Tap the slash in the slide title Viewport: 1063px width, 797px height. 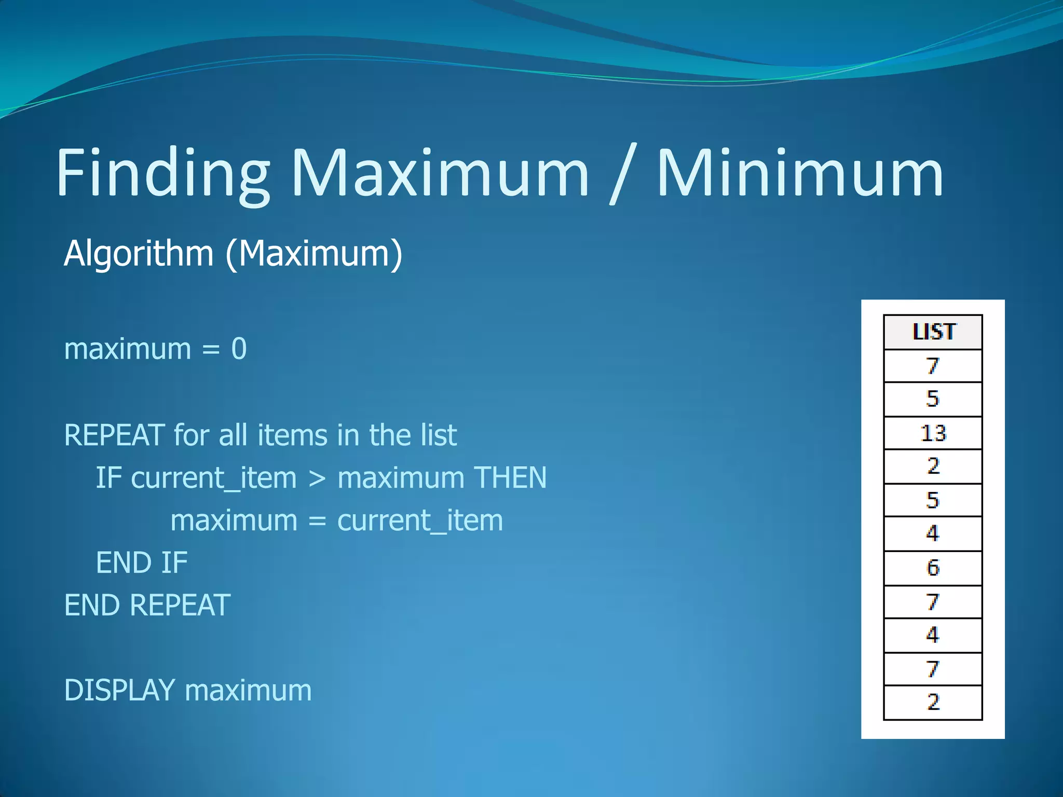623,174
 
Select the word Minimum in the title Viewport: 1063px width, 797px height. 800,174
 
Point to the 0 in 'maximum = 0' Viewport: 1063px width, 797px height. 239,349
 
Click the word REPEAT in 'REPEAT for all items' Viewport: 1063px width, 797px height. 114,435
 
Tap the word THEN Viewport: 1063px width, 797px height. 510,477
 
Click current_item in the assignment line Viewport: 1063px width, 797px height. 420,520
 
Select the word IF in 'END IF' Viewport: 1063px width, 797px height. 174,563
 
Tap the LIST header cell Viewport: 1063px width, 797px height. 933,332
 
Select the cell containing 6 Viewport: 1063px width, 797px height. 933,568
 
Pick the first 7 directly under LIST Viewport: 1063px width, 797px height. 933,366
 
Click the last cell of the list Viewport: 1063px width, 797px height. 933,703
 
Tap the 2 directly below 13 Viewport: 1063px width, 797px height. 933,466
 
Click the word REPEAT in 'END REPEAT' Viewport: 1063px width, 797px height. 180,606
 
